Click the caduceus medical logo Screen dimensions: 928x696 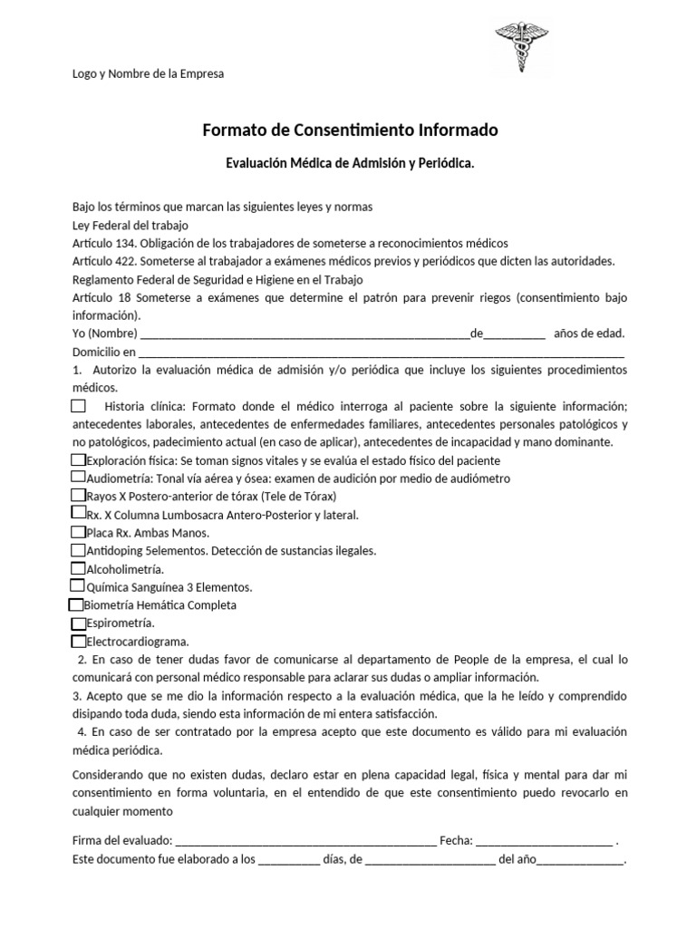[520, 47]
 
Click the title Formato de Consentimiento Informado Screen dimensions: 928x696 [350, 130]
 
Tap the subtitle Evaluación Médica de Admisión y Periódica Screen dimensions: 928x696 [350, 164]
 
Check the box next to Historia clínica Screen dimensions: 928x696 [79, 406]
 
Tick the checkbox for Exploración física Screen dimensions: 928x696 [78, 460]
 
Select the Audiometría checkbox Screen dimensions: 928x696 [78, 478]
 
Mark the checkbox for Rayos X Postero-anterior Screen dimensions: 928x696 [78, 496]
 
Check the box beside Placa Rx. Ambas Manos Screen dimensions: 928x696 [78, 532]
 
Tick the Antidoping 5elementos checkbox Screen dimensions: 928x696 [78, 550]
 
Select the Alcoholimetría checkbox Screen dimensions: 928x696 [78, 568]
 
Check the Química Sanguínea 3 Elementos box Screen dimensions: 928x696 [78, 586]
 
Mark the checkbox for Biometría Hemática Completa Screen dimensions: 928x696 [75, 604]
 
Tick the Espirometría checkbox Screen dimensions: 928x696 [78, 623]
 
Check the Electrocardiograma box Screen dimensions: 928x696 [78, 641]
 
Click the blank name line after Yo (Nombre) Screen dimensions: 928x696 [300, 334]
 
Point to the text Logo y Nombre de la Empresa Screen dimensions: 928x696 [148, 73]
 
